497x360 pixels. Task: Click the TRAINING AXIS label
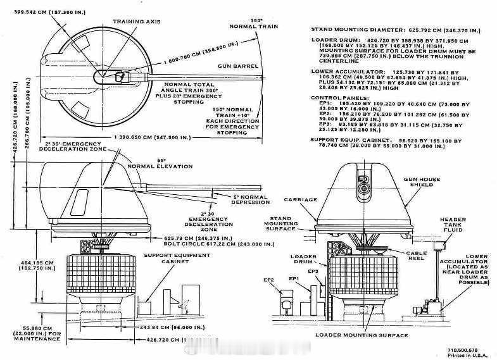[137, 22]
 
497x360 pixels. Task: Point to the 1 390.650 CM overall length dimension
[139, 137]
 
